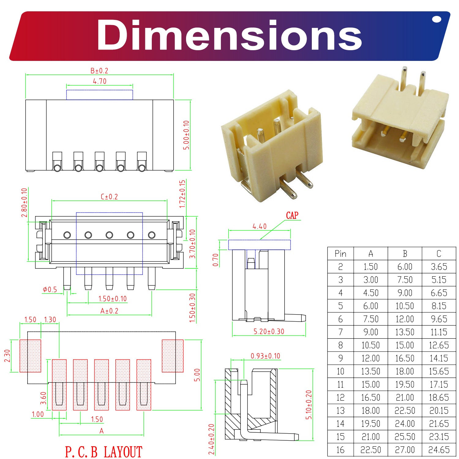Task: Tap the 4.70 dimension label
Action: point(100,81)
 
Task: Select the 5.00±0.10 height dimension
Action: point(186,135)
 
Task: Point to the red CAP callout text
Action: point(292,215)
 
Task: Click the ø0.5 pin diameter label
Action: point(50,289)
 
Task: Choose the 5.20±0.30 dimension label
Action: point(269,331)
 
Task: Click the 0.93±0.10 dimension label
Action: point(265,356)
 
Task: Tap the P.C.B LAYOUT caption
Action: point(104,452)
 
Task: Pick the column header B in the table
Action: point(405,254)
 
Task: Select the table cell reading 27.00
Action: point(405,450)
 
